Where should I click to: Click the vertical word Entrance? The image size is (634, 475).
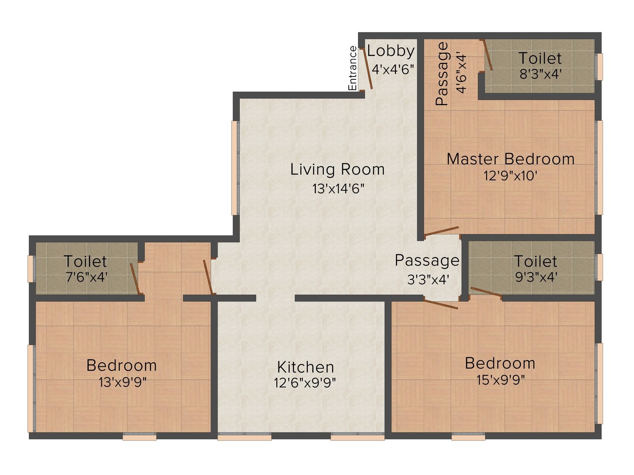tap(353, 68)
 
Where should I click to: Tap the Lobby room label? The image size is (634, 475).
tap(391, 52)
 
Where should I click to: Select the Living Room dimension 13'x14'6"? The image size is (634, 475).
tap(338, 189)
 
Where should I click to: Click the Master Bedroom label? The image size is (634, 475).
tap(511, 159)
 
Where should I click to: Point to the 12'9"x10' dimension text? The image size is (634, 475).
tap(511, 175)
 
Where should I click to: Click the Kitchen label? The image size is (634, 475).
tap(306, 367)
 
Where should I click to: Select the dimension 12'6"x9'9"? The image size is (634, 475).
tap(305, 383)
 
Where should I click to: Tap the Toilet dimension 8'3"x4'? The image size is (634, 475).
tap(541, 74)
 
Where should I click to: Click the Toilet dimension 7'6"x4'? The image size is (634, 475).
tap(87, 277)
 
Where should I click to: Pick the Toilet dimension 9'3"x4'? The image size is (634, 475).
tap(536, 277)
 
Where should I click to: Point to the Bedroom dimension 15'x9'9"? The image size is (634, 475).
tap(500, 380)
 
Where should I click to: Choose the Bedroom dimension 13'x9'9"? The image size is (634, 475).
tap(123, 382)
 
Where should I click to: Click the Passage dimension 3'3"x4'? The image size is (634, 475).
tap(428, 279)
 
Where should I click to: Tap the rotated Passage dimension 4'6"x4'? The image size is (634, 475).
tap(461, 73)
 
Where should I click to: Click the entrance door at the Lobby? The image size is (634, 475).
tap(367, 69)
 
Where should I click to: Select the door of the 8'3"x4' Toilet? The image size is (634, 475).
tap(488, 55)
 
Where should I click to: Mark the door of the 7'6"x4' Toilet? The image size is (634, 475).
tap(135, 278)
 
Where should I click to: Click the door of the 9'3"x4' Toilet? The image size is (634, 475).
tap(486, 292)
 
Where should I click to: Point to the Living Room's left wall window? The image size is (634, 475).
tap(235, 168)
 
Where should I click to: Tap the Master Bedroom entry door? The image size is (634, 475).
tap(441, 231)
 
